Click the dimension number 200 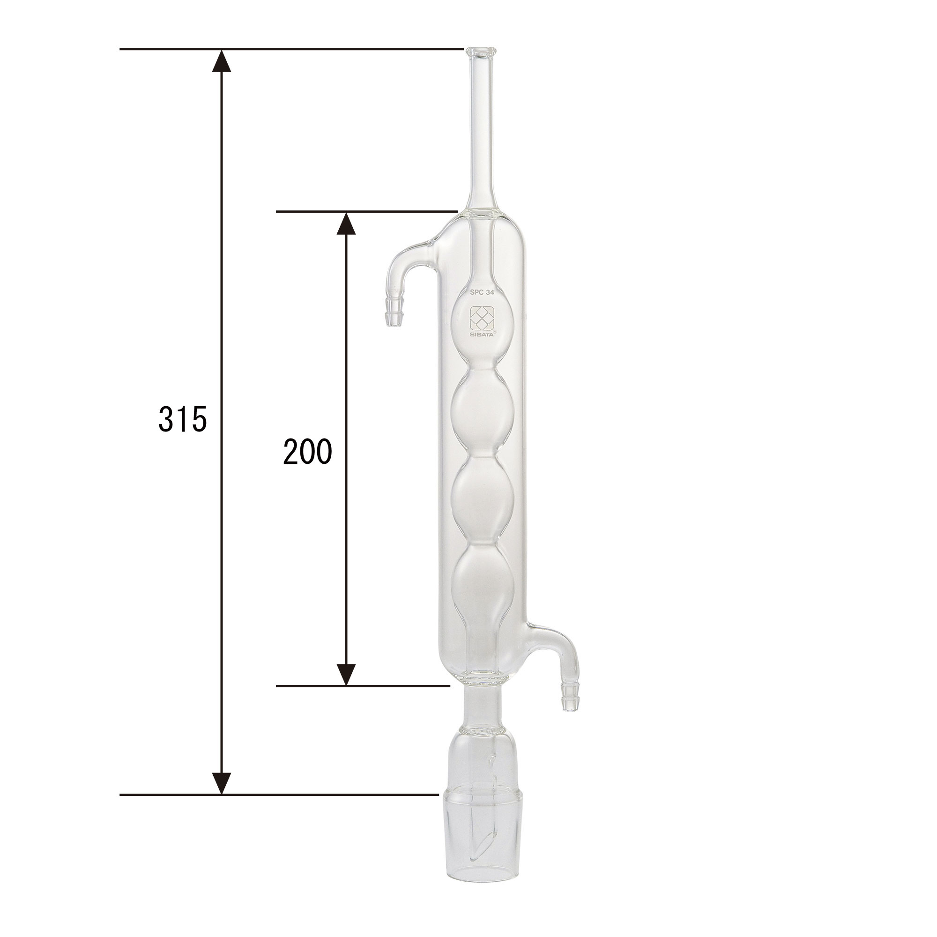(307, 452)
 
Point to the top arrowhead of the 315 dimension (222, 60)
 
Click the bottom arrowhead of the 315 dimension (222, 782)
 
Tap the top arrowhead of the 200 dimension (346, 223)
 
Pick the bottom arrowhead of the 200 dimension (346, 674)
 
